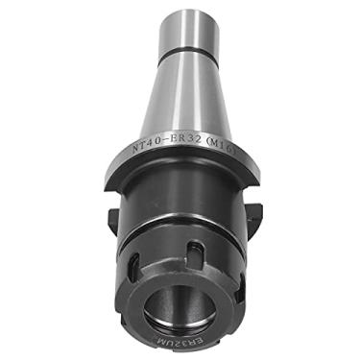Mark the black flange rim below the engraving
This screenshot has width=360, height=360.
pos(182,179)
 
